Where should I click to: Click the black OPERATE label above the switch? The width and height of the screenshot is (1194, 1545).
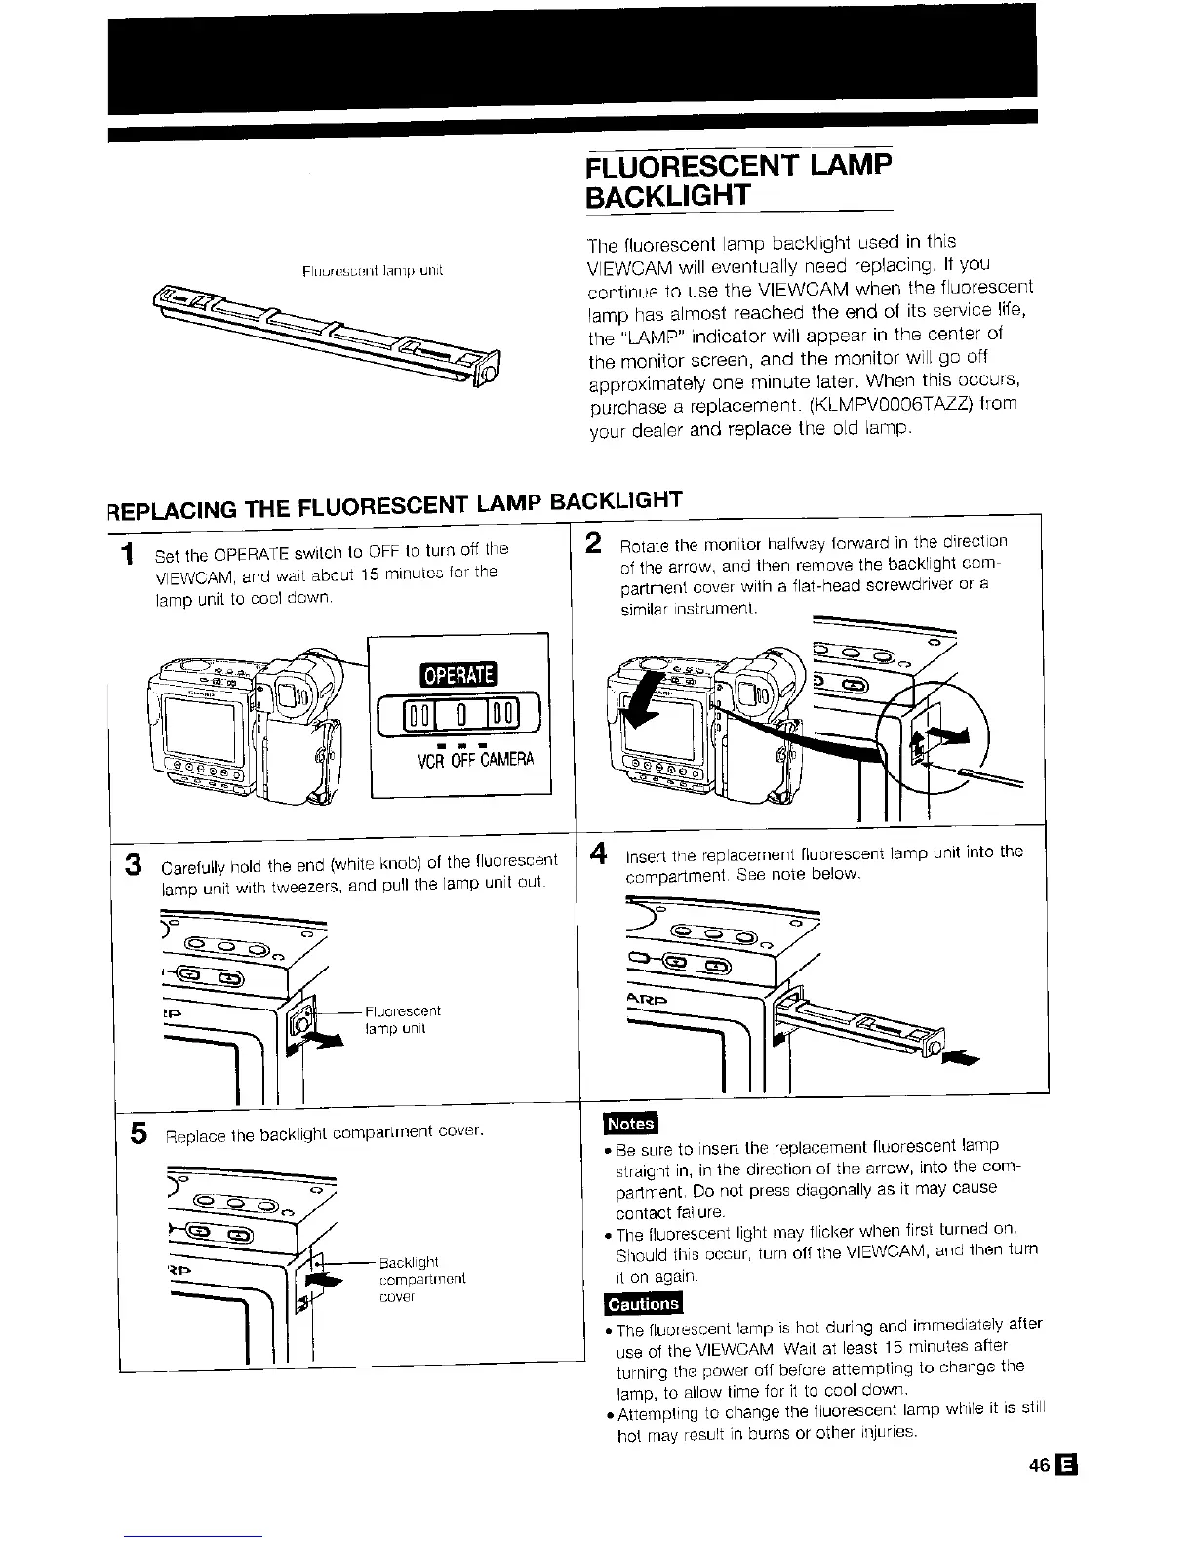click(458, 675)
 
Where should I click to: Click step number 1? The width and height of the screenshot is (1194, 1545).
click(127, 555)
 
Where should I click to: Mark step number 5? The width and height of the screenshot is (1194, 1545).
click(139, 1133)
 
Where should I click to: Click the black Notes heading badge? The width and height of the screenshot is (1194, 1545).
click(630, 1123)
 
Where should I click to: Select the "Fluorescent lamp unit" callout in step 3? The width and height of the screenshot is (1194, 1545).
click(403, 1019)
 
